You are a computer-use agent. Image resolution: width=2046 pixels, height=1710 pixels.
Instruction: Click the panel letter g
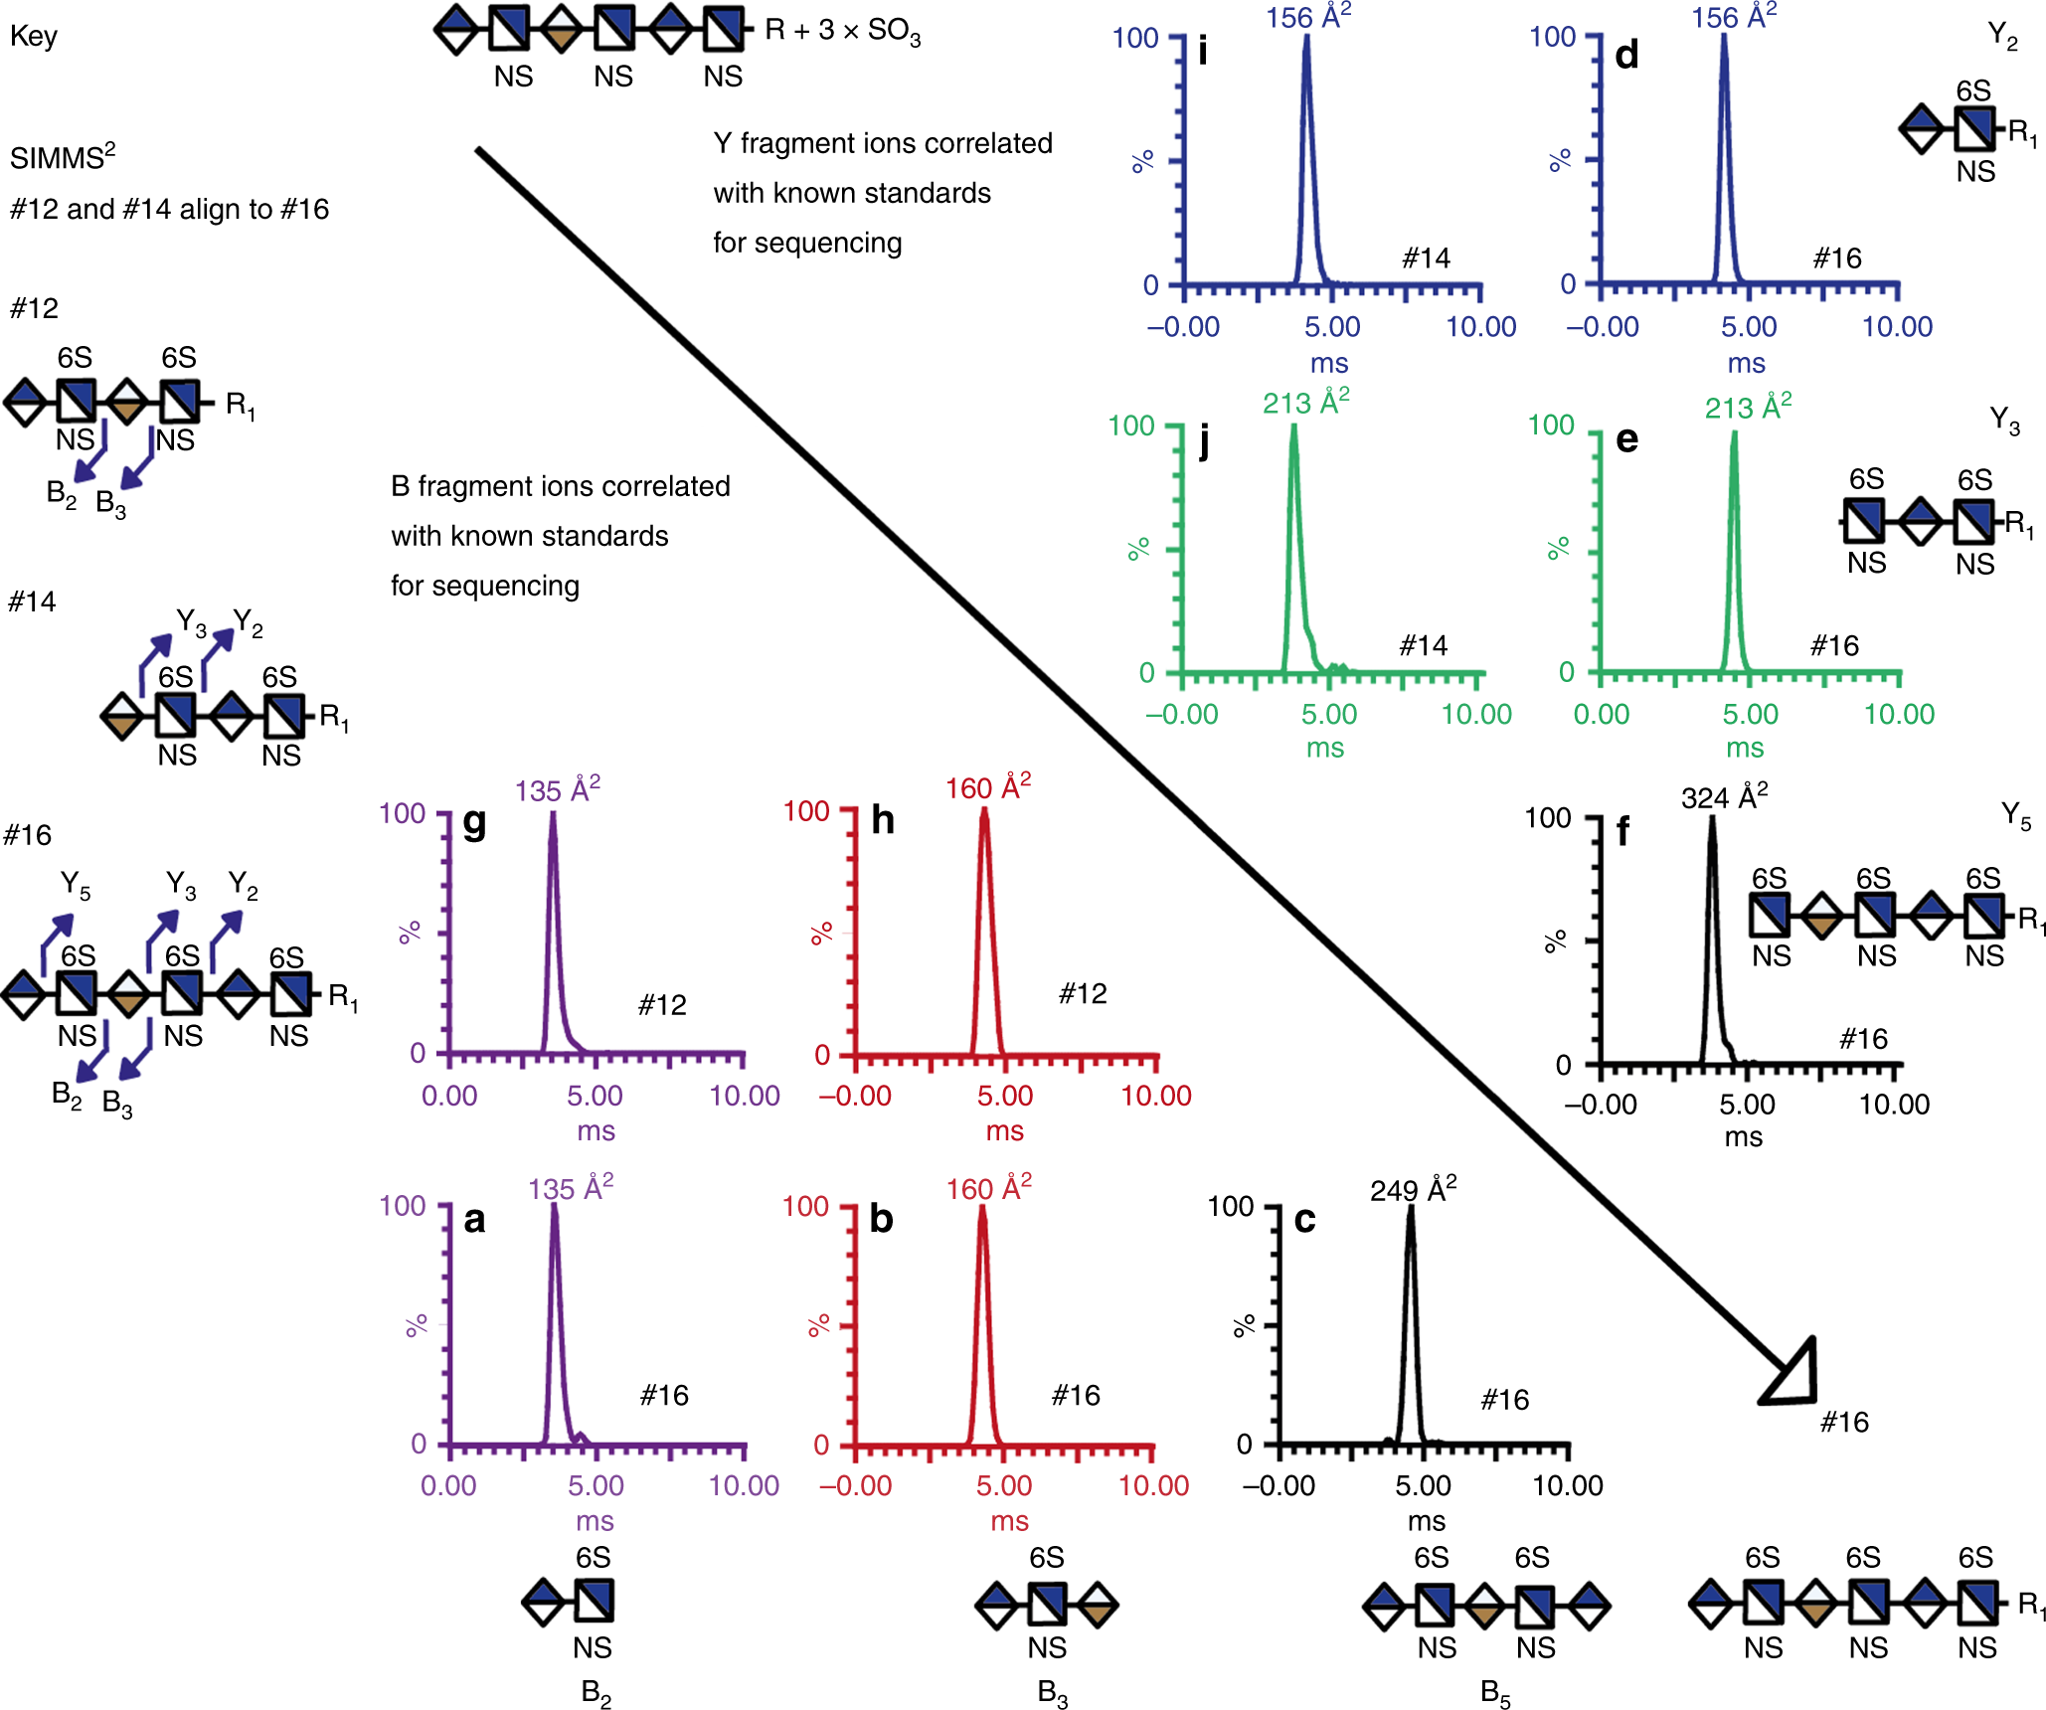(x=475, y=823)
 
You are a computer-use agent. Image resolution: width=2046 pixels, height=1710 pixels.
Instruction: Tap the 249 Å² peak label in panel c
(x=1413, y=1189)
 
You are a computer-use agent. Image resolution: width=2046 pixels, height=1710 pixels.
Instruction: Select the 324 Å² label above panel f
(x=1724, y=796)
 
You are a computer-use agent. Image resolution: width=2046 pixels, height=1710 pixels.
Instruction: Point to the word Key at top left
(x=34, y=37)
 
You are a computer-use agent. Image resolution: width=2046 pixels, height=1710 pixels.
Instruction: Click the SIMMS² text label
(x=63, y=157)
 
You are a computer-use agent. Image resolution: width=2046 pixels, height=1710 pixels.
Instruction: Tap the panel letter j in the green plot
(x=1204, y=439)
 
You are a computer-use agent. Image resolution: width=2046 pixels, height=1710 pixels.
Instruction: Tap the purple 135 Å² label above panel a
(x=571, y=1188)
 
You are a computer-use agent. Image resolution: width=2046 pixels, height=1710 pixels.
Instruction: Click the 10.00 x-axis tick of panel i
(x=1480, y=327)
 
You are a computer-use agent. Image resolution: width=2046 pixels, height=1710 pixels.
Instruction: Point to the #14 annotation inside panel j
(x=1424, y=646)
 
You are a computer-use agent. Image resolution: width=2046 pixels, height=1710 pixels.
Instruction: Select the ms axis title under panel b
(x=1009, y=1521)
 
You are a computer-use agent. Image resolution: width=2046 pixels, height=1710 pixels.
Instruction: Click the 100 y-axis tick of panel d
(x=1553, y=38)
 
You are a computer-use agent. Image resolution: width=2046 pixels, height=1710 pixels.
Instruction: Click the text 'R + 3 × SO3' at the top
(x=843, y=31)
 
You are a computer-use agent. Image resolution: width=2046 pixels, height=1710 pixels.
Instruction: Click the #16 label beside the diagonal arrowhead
(x=1844, y=1423)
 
